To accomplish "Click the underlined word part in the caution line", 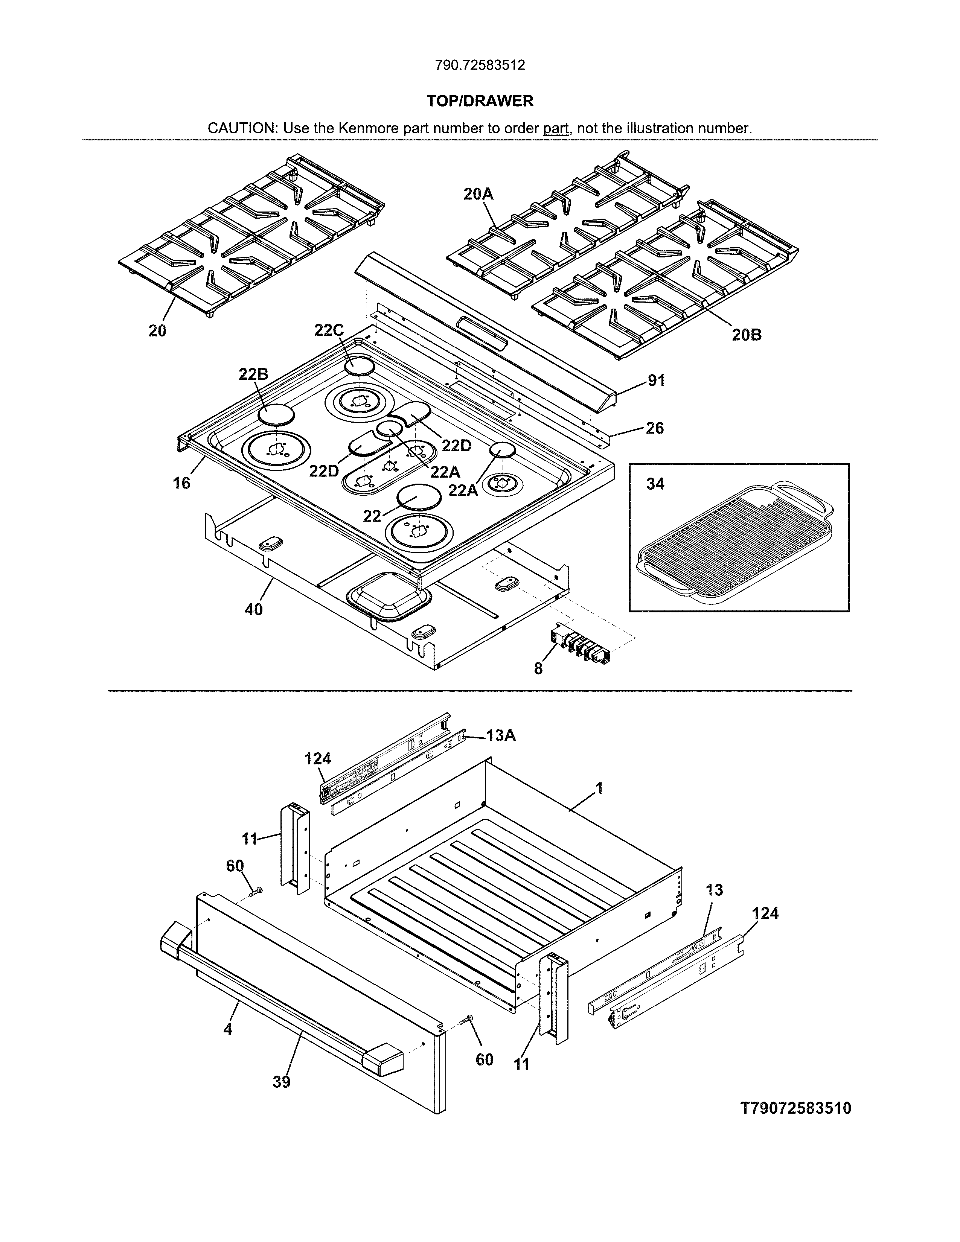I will click(x=556, y=128).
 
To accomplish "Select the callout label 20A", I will click(x=478, y=195).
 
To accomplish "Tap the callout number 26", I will click(x=655, y=428).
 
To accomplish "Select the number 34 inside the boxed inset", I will click(x=655, y=484).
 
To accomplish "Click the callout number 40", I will click(x=254, y=610).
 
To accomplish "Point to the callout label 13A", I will click(x=500, y=736).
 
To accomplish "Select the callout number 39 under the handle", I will click(x=282, y=1082).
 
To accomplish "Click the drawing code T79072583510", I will click(x=795, y=1108).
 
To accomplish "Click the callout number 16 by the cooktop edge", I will click(x=181, y=483).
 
